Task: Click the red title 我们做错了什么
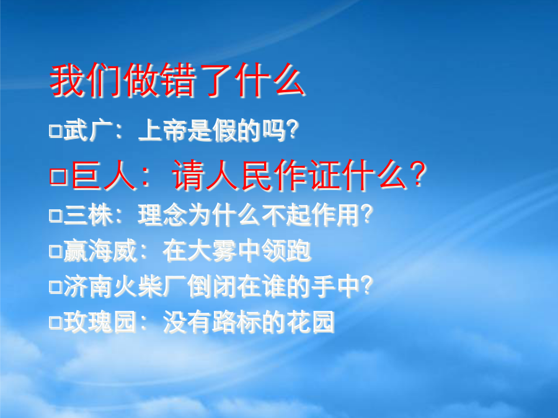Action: [177, 80]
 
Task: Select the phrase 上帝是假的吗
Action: [211, 130]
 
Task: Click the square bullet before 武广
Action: [56, 131]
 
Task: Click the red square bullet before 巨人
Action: [58, 176]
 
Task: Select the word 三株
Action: [88, 215]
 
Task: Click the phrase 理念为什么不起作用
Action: [249, 215]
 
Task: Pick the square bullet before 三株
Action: [56, 216]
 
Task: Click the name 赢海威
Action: [100, 251]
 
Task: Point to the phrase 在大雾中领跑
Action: [237, 251]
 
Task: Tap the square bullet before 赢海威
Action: [56, 251]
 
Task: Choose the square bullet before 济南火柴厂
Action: [56, 287]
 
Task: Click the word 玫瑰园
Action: [100, 321]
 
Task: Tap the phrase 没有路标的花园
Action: [249, 321]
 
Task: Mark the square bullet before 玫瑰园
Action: [56, 322]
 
